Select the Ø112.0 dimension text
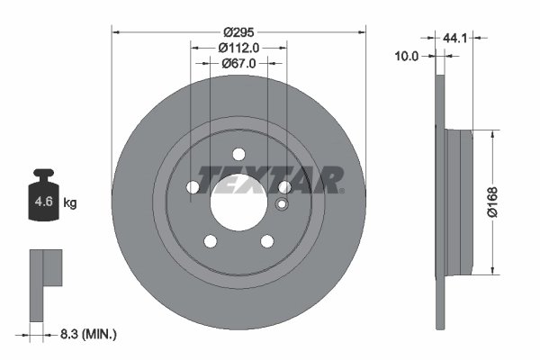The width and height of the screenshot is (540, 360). tap(238, 47)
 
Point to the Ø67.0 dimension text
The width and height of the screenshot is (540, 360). tap(239, 63)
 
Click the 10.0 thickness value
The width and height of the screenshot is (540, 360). tap(408, 56)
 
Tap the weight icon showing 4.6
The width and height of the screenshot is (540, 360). tap(43, 196)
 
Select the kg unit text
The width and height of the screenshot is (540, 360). tap(70, 202)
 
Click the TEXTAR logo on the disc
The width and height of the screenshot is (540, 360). tap(270, 179)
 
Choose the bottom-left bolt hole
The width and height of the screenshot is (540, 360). tap(211, 240)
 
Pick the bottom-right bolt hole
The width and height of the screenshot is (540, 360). tap(267, 240)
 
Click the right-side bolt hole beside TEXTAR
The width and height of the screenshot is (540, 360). tap(284, 186)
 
